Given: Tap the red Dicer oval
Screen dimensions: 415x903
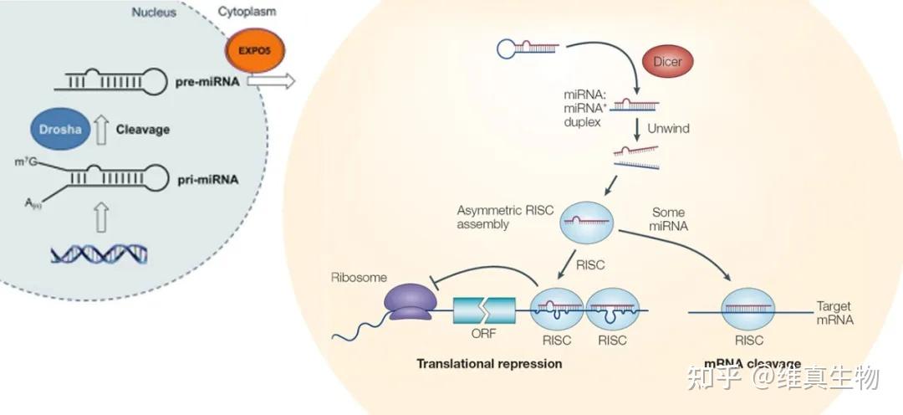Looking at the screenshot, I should pyautogui.click(x=667, y=62).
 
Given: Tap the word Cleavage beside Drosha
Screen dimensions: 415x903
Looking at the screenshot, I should pyautogui.click(x=142, y=130).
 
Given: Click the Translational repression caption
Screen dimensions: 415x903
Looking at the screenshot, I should pyautogui.click(x=489, y=363).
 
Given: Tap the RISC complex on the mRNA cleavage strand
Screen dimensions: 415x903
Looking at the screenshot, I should pyautogui.click(x=748, y=310).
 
